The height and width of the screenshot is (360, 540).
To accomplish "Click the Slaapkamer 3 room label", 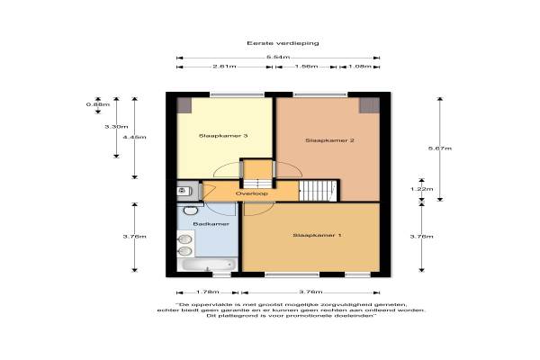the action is tap(223, 136).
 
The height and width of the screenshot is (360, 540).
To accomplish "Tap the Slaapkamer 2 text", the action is tap(329, 140).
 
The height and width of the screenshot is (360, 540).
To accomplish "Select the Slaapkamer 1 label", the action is tap(317, 235).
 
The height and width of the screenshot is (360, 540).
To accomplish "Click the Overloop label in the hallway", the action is tap(251, 193).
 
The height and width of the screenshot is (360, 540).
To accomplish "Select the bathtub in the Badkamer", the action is tap(207, 265).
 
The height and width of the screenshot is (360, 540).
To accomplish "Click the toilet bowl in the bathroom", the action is tap(190, 210).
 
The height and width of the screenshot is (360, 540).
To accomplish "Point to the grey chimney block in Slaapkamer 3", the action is tap(184, 105).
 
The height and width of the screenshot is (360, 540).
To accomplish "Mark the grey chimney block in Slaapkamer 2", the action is tap(370, 105).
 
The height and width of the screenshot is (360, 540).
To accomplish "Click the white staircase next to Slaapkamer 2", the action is tap(318, 191).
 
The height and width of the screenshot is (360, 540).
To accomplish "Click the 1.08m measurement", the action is tap(359, 66).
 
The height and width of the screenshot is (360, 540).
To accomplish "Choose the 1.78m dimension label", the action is tap(207, 292).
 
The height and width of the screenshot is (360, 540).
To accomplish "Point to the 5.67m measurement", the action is tap(440, 148).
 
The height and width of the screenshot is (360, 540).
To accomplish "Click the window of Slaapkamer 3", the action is tap(237, 94).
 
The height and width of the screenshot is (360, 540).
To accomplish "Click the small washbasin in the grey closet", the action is tap(183, 191).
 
